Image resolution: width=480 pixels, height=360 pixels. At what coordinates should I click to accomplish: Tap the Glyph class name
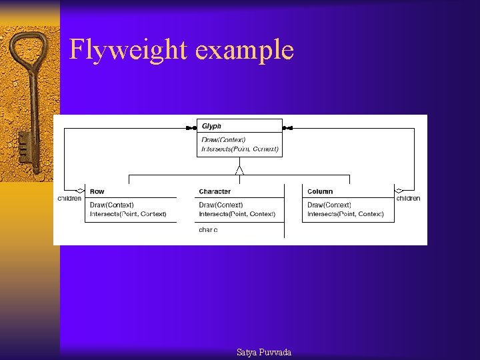coord(211,126)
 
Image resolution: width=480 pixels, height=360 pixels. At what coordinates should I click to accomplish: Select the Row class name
coord(97,191)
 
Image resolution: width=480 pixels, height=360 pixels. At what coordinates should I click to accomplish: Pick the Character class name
coord(215,191)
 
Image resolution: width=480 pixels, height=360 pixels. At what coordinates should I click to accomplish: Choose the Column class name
coord(320,191)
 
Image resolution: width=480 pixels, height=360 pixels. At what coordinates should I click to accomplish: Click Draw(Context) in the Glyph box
coord(223,139)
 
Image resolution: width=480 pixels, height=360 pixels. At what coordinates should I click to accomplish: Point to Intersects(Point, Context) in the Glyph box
coord(240,149)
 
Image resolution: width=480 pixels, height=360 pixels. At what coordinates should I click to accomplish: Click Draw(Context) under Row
coord(112,205)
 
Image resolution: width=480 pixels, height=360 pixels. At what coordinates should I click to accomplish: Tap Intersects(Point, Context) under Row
coord(128,214)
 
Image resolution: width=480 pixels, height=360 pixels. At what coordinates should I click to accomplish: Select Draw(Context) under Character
coord(221,205)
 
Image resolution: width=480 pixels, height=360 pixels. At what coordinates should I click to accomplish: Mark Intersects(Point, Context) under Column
coord(345,214)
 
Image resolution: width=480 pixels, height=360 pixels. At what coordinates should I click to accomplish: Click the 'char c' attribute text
coord(208,229)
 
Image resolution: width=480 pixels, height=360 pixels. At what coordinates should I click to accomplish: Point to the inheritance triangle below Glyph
coord(239,170)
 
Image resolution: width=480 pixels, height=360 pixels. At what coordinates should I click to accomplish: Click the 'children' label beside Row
coord(69,198)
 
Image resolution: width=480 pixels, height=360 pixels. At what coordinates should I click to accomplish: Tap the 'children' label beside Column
coord(408,198)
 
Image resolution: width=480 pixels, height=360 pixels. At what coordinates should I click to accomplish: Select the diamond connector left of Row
coord(81,191)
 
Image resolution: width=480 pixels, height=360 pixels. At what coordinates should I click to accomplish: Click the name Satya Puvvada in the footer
coord(264,352)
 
